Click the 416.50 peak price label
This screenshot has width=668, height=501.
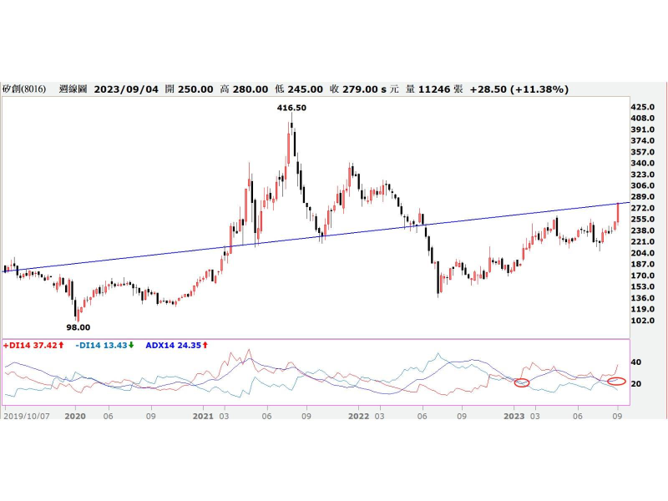(x=291, y=108)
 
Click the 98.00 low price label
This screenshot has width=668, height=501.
(x=78, y=327)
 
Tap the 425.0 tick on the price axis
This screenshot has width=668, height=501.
(x=642, y=108)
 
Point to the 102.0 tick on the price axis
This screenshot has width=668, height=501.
(x=642, y=321)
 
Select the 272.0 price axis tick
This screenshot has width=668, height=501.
(x=642, y=208)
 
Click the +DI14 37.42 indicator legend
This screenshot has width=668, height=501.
(x=31, y=344)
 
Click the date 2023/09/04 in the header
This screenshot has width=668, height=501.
(x=125, y=89)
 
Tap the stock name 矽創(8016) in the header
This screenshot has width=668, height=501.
(x=26, y=89)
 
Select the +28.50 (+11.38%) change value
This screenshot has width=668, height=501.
(x=519, y=89)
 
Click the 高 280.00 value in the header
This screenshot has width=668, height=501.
(x=244, y=89)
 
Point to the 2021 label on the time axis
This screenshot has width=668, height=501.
(x=204, y=415)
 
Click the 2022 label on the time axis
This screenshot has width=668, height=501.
(x=359, y=415)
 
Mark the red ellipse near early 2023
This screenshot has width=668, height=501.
(x=522, y=382)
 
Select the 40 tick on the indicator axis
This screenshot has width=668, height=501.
(x=635, y=362)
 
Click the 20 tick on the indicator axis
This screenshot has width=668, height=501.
(x=635, y=384)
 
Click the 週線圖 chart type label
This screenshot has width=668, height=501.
(x=73, y=89)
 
